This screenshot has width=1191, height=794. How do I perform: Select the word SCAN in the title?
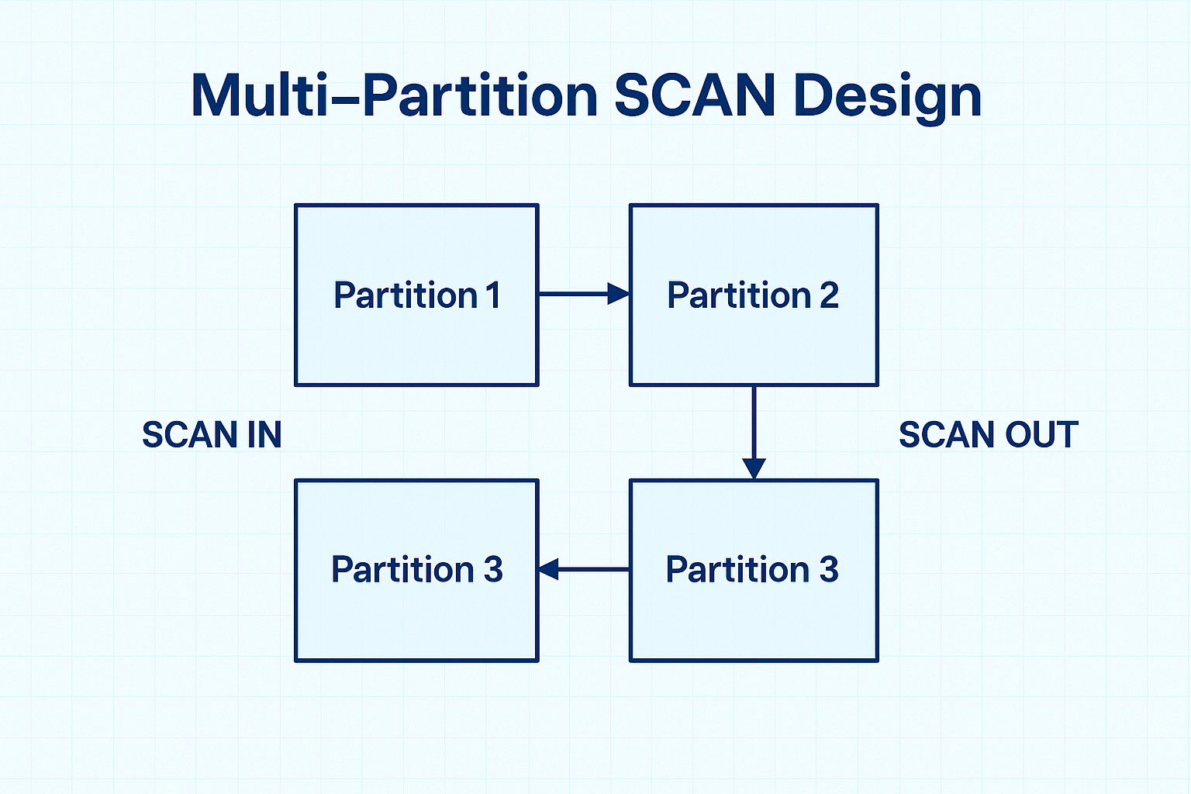[695, 96]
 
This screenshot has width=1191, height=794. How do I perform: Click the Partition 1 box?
[416, 341]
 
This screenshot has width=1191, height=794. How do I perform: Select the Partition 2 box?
[753, 341]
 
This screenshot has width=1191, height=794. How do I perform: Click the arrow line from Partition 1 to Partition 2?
[574, 294]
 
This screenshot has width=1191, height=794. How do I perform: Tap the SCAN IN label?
[212, 435]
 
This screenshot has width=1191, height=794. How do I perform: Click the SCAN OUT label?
[989, 435]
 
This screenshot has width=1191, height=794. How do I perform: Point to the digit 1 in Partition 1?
[493, 295]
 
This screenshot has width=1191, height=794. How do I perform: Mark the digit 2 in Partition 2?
[829, 295]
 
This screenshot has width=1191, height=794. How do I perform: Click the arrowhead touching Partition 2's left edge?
[618, 294]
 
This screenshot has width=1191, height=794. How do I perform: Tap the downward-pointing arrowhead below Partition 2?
[754, 468]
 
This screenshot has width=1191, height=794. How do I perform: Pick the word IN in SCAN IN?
[264, 435]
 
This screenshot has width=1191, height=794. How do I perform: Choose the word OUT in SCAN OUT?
[1041, 435]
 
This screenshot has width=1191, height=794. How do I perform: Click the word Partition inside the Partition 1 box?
[406, 295]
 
